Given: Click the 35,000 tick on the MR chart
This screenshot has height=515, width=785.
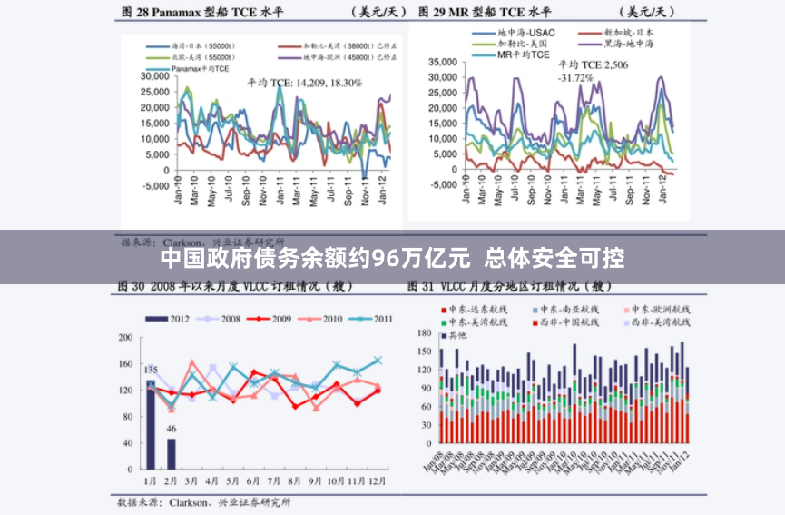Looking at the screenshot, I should (x=442, y=62).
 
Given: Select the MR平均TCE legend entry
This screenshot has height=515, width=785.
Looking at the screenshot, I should (x=523, y=54).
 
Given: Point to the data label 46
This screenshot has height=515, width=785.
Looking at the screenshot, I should (x=172, y=429).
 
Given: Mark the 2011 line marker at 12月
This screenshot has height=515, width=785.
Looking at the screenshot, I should (x=378, y=361).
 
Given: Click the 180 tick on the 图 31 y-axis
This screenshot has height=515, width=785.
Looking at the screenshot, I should (x=423, y=333).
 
